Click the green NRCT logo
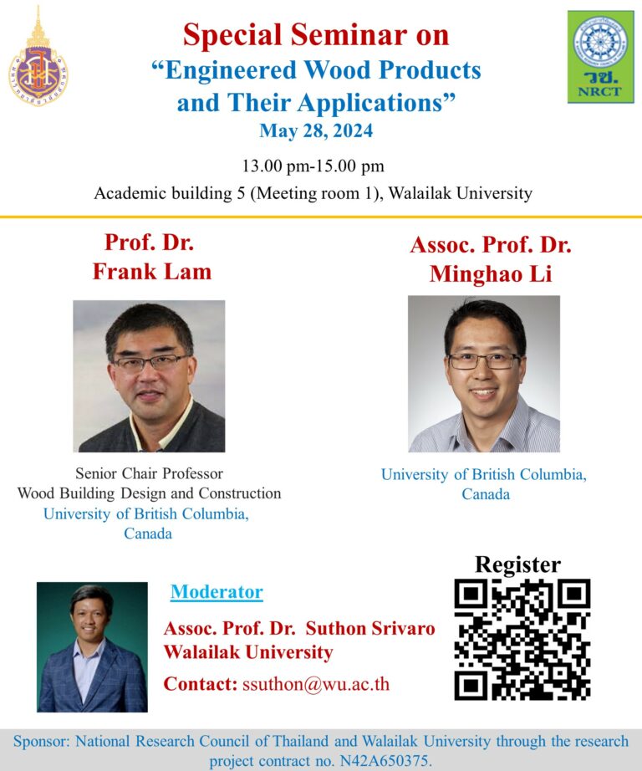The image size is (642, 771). tap(601, 57)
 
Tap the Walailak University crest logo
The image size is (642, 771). tap(38, 58)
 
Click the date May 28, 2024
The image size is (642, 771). tap(316, 130)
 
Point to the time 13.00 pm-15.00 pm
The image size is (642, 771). tap(313, 166)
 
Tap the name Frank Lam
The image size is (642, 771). tap(152, 272)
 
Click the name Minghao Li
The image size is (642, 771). tap(491, 274)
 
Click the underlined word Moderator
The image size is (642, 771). tap(217, 591)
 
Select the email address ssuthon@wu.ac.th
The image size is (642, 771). tap(316, 684)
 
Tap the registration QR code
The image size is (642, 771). tap(522, 639)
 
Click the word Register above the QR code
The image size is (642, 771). tap(517, 564)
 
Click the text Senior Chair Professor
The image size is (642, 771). tap(149, 473)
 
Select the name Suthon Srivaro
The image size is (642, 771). tap(370, 628)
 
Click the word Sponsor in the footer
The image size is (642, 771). tap(42, 742)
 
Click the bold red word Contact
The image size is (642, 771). tap(201, 684)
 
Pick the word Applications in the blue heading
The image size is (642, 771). tap(370, 103)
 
